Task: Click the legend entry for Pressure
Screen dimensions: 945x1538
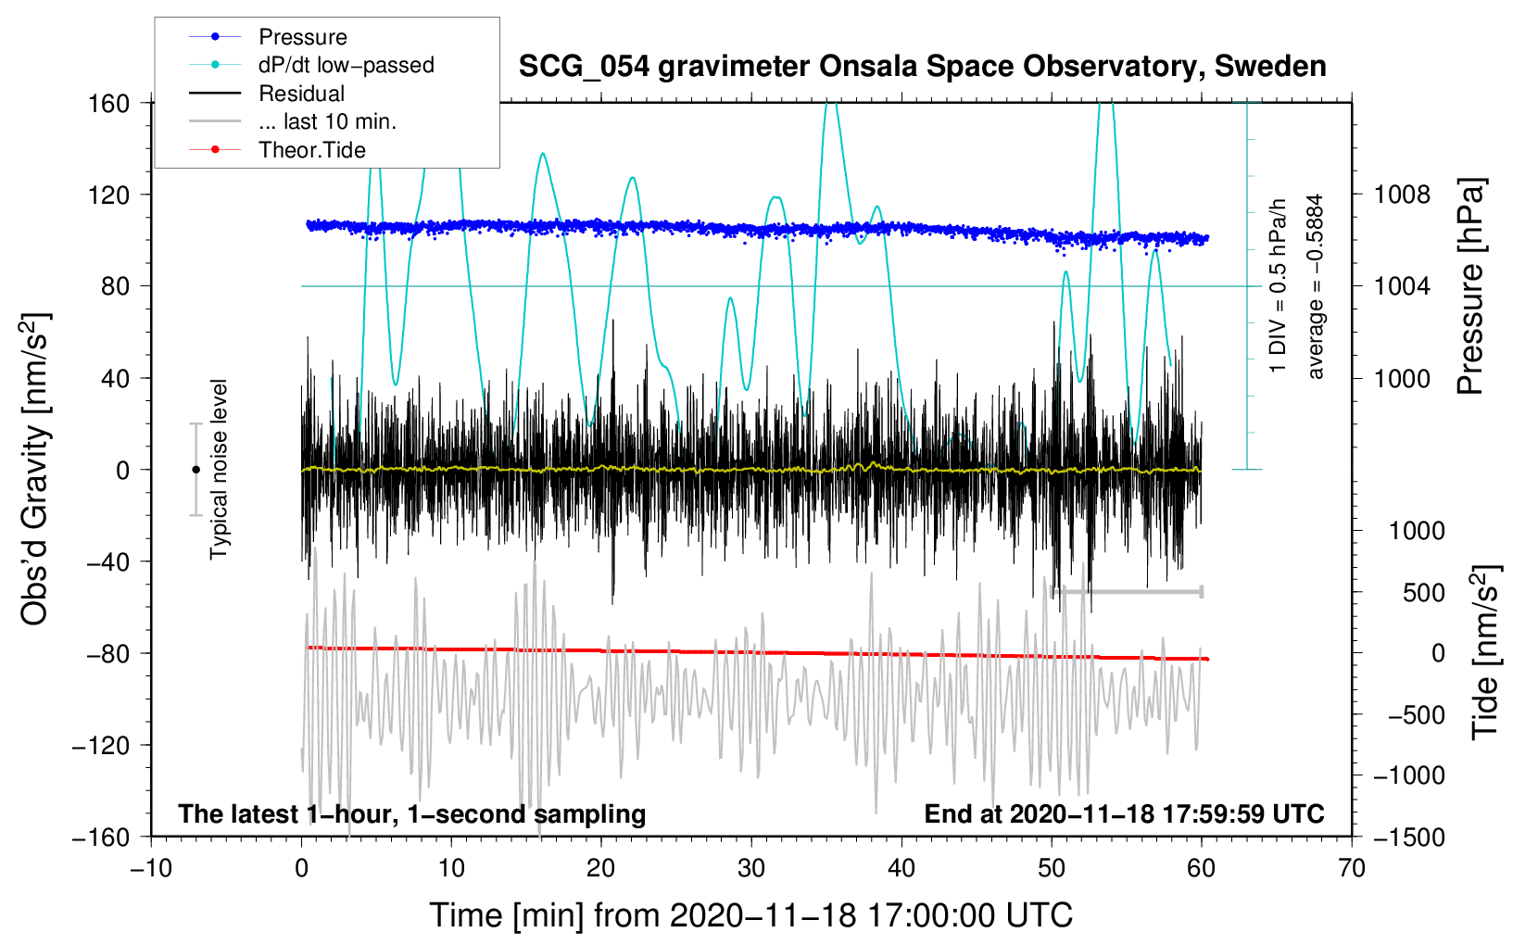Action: click(302, 37)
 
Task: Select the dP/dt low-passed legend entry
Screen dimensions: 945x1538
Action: click(346, 65)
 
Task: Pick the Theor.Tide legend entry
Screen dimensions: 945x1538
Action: click(311, 150)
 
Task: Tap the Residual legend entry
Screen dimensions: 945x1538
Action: click(301, 94)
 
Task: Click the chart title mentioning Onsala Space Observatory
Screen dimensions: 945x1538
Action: click(922, 67)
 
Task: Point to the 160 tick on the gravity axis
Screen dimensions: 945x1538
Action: click(108, 103)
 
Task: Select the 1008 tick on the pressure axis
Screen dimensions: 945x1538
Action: click(1402, 195)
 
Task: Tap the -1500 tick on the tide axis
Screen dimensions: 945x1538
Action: click(1408, 837)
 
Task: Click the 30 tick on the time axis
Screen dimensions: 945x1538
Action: click(751, 868)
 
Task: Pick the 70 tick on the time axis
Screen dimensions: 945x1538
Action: click(1352, 868)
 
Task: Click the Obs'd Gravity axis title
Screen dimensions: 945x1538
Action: click(34, 470)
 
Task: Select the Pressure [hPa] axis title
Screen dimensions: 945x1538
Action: click(1470, 287)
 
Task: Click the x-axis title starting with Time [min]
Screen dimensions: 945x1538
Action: click(750, 915)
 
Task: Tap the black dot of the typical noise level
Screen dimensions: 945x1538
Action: click(195, 470)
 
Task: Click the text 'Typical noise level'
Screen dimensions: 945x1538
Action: click(219, 470)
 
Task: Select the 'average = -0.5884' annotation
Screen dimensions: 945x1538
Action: click(1316, 287)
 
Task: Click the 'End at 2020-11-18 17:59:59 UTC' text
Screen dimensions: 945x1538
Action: click(1124, 814)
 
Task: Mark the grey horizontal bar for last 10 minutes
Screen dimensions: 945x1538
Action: click(1127, 591)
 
